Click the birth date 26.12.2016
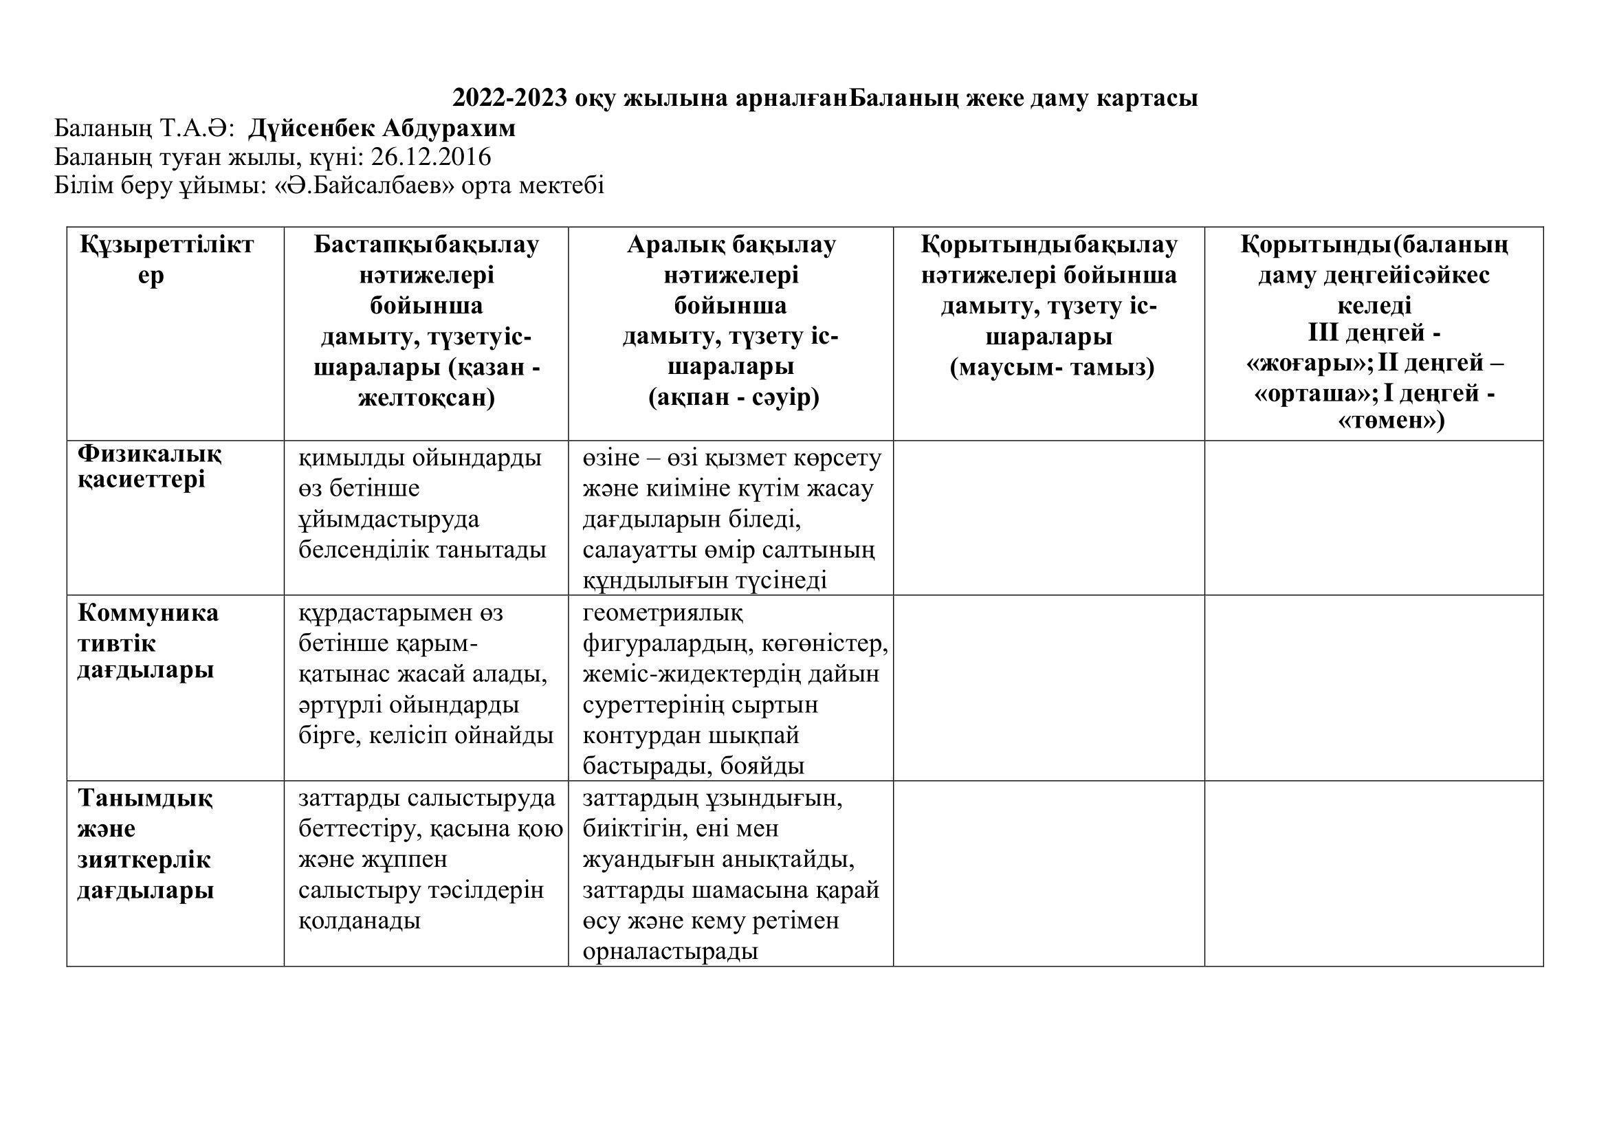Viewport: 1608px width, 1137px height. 431,157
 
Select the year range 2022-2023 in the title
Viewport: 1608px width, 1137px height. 509,98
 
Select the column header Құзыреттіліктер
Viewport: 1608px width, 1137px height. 166,260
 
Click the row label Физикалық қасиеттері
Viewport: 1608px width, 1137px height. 149,467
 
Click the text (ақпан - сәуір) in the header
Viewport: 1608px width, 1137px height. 734,397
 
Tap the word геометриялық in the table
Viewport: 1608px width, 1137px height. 663,613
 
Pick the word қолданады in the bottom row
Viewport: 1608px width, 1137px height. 360,920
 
